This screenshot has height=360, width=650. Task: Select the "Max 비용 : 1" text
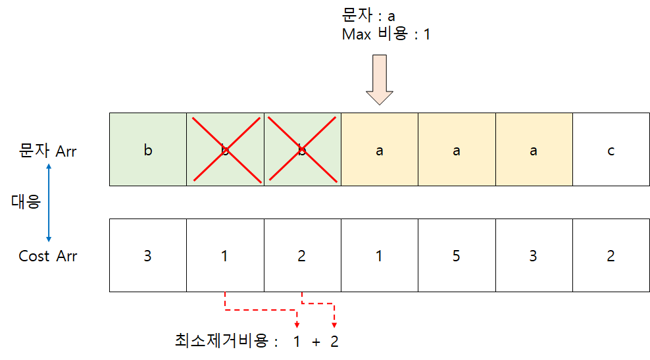(x=386, y=34)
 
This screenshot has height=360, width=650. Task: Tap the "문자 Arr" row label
(x=47, y=151)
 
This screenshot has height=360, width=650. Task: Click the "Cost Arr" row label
(x=47, y=256)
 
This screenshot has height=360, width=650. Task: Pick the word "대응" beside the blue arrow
(x=26, y=201)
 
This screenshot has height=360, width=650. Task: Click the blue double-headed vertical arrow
(x=49, y=203)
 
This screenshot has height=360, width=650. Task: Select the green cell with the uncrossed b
(x=148, y=150)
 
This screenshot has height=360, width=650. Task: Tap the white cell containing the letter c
(x=611, y=150)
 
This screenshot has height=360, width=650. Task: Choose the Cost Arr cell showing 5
(x=457, y=255)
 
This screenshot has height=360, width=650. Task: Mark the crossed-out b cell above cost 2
(x=303, y=150)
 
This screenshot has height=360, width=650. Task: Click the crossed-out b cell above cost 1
(x=225, y=150)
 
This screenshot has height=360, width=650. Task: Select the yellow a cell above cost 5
(x=457, y=150)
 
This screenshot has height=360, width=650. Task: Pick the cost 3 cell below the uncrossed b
(x=148, y=255)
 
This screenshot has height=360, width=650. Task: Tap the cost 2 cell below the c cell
(x=611, y=255)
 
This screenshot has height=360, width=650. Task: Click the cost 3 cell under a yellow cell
(x=534, y=255)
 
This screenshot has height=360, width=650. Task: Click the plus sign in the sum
(x=316, y=342)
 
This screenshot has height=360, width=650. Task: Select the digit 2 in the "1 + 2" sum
(x=334, y=342)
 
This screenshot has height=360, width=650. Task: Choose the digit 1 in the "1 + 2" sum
(x=297, y=342)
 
